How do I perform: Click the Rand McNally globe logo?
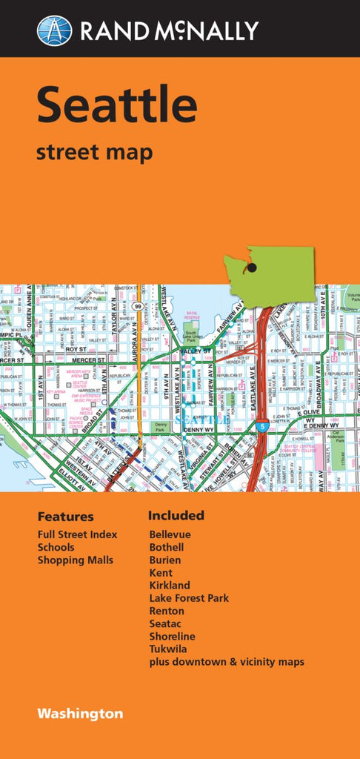point(55,30)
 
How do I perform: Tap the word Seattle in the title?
point(117,105)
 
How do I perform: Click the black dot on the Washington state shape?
point(252,268)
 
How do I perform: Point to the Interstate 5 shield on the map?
point(264,427)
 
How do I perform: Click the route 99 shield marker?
point(138,305)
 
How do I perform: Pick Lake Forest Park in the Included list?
point(189,598)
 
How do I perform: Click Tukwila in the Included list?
point(168,649)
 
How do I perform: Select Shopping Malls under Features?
point(76,560)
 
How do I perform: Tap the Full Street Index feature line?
point(77,534)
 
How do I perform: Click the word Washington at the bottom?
point(81,715)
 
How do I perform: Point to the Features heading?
point(66,517)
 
